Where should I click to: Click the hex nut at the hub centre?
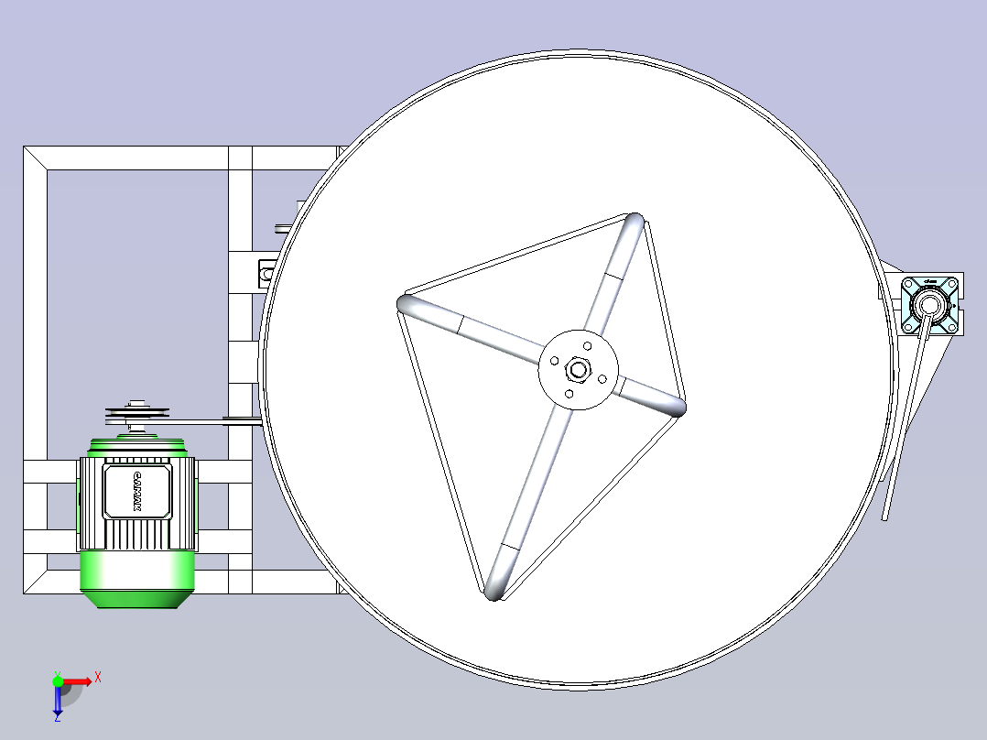[578, 369]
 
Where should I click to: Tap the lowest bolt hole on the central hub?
[569, 394]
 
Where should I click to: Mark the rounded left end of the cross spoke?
[407, 304]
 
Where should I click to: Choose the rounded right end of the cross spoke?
[677, 406]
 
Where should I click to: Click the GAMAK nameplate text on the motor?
[137, 492]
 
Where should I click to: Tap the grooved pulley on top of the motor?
[137, 415]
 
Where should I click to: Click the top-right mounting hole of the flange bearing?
[951, 282]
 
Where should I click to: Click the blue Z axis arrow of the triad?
[58, 702]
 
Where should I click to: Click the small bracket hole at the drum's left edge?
[267, 272]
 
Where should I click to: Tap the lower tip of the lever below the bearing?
[886, 517]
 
